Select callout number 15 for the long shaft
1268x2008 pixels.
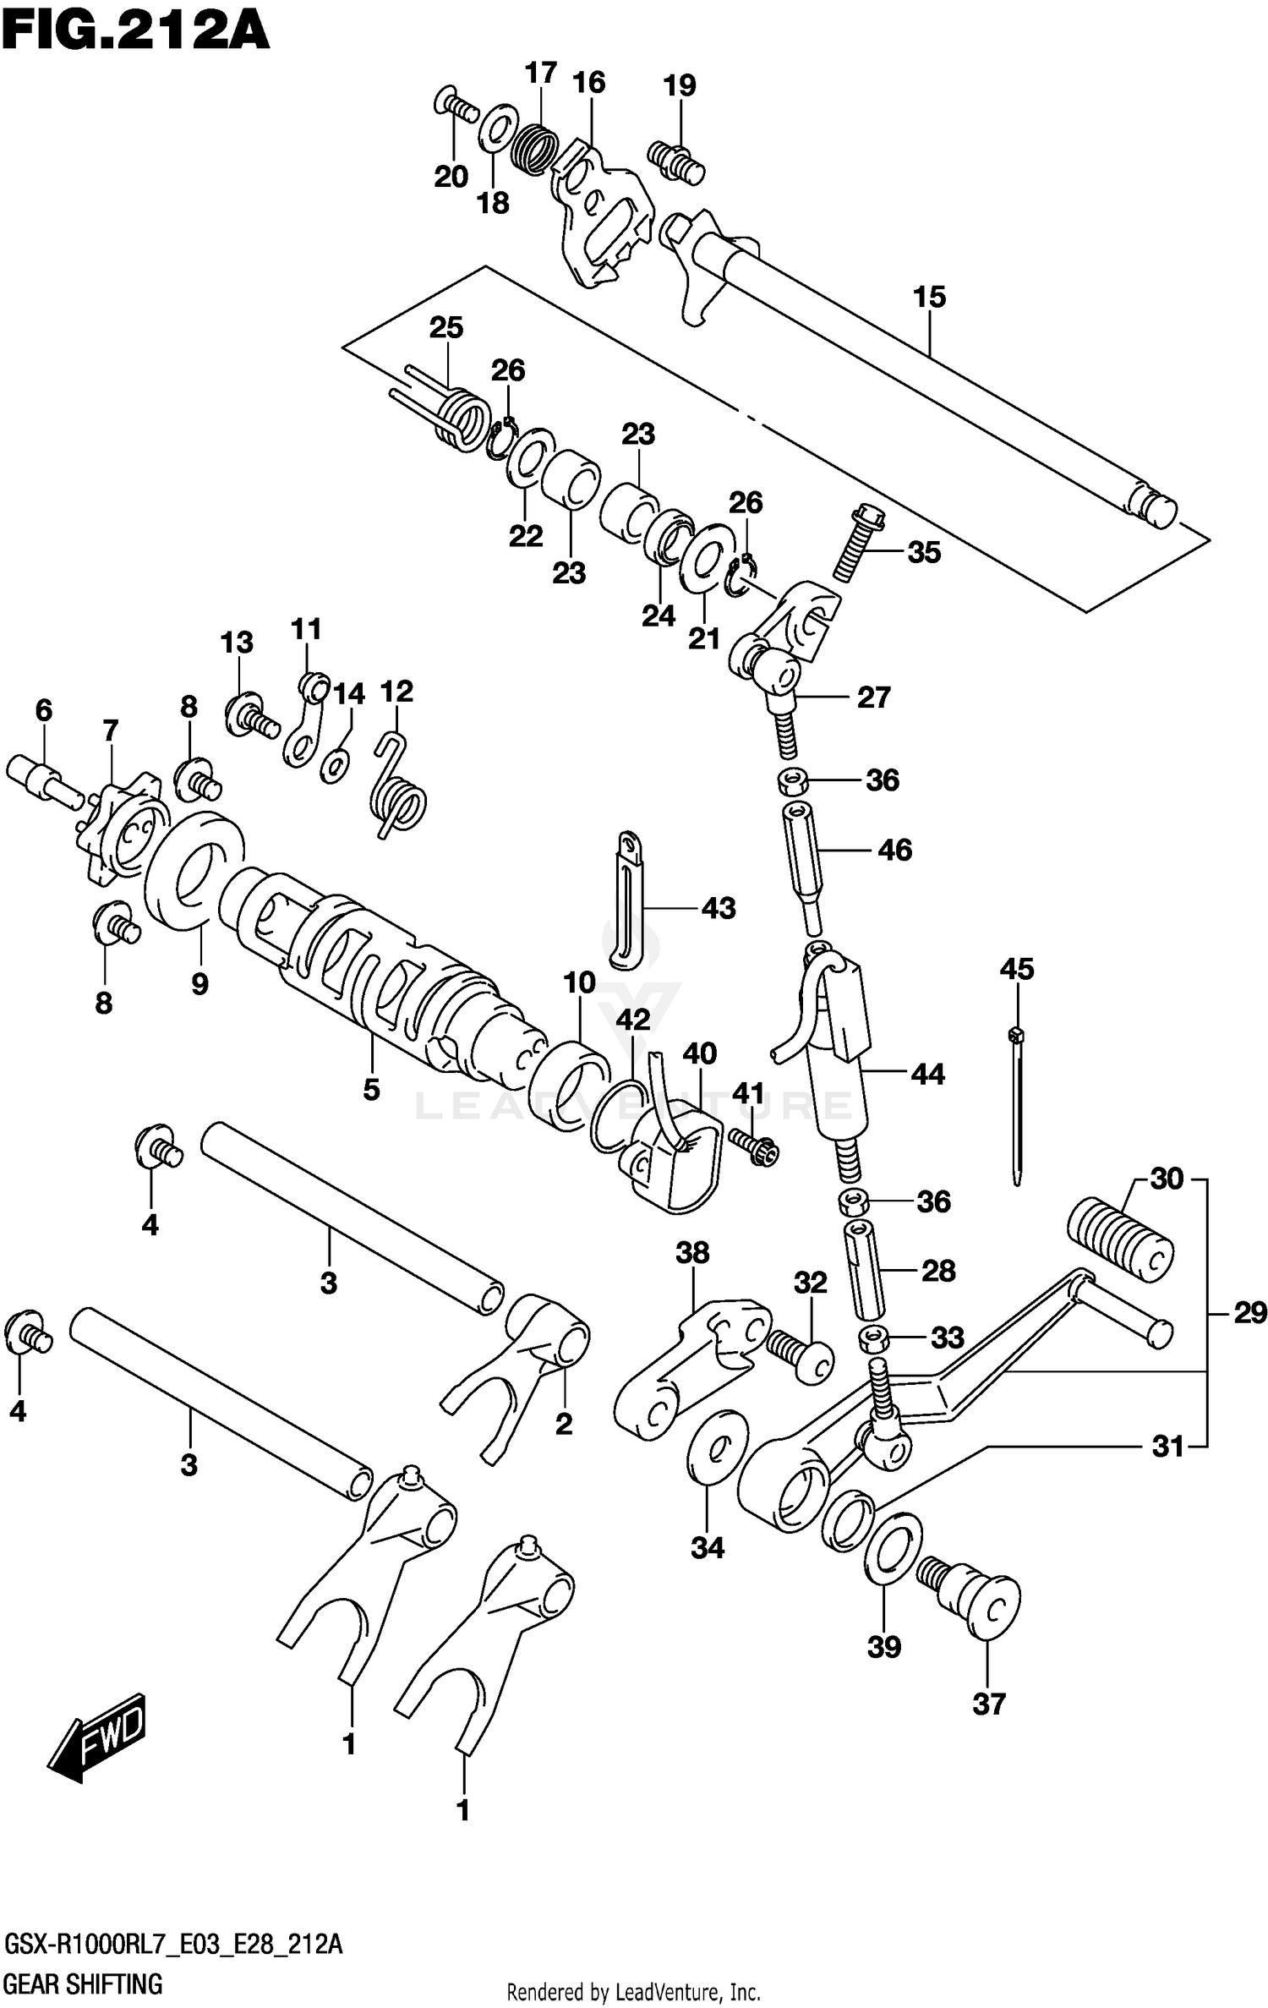[929, 298]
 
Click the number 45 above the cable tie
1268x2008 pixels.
[1016, 969]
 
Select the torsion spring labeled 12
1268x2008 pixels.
[398, 789]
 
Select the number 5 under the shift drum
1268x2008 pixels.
[371, 1090]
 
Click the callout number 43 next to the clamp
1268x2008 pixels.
[719, 908]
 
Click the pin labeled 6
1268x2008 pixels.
[42, 776]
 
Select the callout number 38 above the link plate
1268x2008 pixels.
[692, 1253]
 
